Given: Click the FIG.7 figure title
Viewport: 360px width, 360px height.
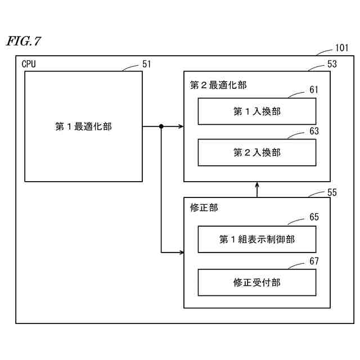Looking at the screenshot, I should point(24,42).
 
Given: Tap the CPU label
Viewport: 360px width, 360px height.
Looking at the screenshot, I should point(29,64).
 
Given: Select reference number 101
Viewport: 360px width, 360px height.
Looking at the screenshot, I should point(341,48).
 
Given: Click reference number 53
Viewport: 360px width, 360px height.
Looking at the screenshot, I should point(332,64).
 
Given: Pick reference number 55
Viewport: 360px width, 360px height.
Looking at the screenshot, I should point(332,192).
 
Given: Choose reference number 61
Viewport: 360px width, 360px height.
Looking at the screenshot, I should point(314,90).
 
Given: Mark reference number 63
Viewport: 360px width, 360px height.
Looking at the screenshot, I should point(314,130).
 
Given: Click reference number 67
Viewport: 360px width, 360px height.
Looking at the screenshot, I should point(314,261).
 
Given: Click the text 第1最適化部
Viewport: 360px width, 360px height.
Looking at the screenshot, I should point(83,127).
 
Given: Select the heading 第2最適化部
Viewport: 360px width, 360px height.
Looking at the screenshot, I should point(218,85).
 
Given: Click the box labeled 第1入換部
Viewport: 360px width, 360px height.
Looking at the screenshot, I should point(256,111).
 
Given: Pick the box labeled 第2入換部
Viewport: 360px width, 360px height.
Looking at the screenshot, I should point(256,152).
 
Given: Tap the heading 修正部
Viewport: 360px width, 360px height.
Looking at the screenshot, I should point(204,208).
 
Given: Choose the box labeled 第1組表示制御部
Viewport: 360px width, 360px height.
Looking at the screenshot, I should point(256,240).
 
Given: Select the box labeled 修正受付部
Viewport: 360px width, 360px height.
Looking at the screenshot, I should point(256,282).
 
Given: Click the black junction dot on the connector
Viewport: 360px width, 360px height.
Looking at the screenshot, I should point(161,127).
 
